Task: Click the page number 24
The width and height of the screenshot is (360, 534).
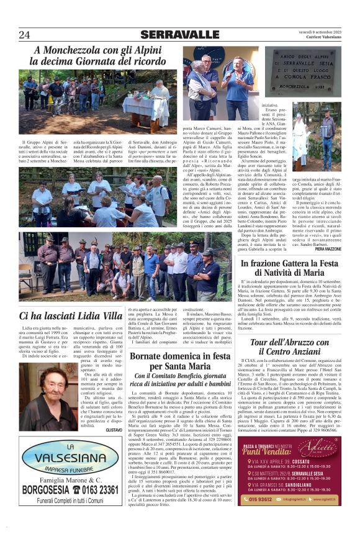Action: point(24,35)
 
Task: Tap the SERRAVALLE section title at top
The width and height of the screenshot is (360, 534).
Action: point(179,35)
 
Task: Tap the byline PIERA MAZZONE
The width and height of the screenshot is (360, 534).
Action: point(327,248)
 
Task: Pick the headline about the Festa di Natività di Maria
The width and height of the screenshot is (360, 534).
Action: point(290,268)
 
